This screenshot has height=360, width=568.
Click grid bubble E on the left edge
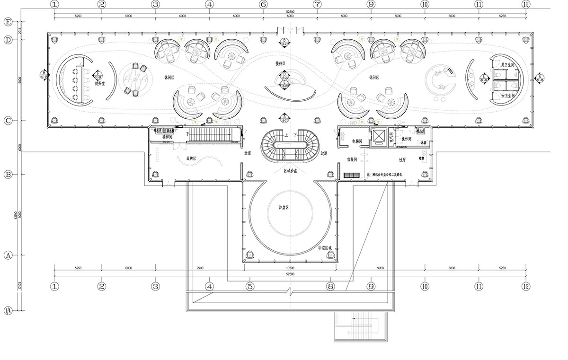(x=8, y=22)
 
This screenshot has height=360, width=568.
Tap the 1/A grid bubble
(x=8, y=311)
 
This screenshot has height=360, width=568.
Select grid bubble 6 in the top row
(x=263, y=5)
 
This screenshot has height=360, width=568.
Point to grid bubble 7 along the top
(x=317, y=5)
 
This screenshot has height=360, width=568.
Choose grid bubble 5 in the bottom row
(x=250, y=286)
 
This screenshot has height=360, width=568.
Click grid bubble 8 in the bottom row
(x=330, y=286)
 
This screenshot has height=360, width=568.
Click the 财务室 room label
(x=99, y=84)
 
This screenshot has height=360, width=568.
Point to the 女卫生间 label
(x=507, y=95)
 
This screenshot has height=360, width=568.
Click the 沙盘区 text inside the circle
(x=284, y=207)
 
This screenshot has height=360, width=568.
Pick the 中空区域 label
(x=325, y=248)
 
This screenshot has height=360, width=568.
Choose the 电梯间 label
(x=357, y=141)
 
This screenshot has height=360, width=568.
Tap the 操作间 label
(x=406, y=139)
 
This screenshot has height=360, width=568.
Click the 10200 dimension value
(x=290, y=268)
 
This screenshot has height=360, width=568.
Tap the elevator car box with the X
(x=379, y=136)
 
